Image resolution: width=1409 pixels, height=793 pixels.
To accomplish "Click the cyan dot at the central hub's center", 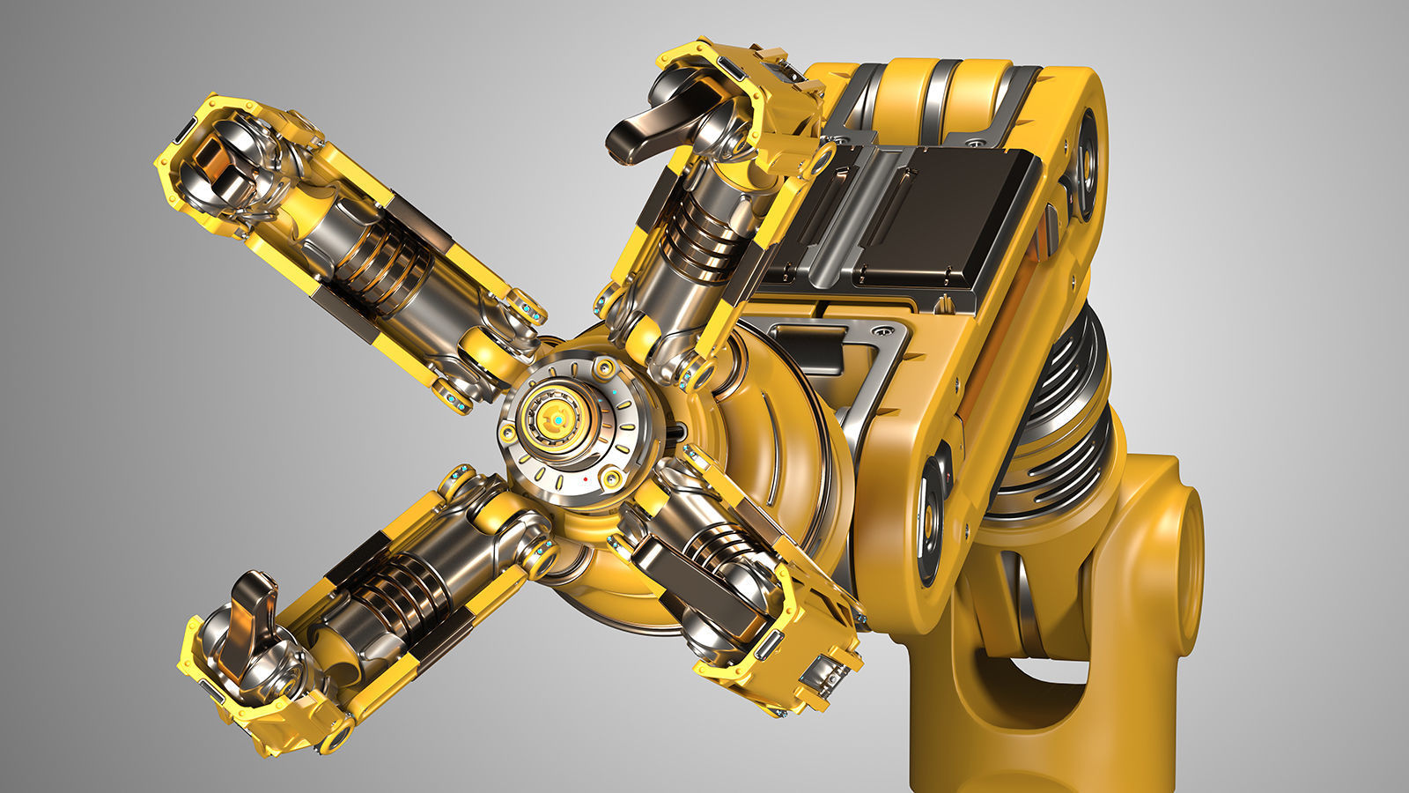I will pyautogui.click(x=557, y=422).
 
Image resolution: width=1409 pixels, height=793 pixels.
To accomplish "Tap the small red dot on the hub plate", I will pyautogui.click(x=585, y=478).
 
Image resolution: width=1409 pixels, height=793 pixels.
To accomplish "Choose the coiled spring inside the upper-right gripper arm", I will pyautogui.click(x=696, y=233).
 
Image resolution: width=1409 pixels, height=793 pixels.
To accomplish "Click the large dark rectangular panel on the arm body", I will pyautogui.click(x=942, y=211).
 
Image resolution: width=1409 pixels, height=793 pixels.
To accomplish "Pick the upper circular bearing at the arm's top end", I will pyautogui.click(x=1086, y=163).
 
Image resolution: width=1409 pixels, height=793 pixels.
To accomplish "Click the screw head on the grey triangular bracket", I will pyautogui.click(x=879, y=332).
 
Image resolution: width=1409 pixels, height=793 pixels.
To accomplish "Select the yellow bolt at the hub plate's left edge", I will pyautogui.click(x=507, y=434).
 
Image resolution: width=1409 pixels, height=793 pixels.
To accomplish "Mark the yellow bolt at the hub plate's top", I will pyautogui.click(x=604, y=364).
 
